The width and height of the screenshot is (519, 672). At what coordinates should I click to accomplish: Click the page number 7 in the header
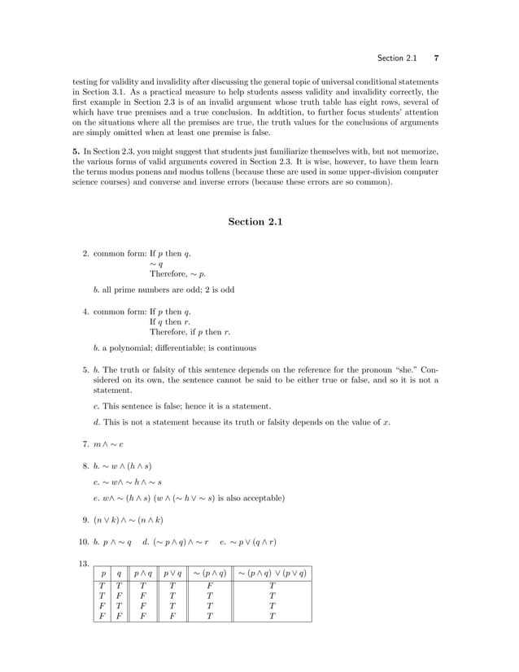pos(437,59)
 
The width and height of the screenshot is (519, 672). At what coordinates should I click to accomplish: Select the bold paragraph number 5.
pos(76,151)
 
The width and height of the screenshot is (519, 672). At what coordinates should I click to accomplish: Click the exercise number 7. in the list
pos(85,444)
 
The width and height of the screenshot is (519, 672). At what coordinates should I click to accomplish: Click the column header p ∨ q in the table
pos(172,574)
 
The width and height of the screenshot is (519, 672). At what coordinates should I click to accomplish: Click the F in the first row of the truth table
pos(210,587)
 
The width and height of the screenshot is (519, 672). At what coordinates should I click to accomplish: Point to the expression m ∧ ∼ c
pos(109,444)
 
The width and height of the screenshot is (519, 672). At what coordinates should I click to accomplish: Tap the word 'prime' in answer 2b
pos(125,289)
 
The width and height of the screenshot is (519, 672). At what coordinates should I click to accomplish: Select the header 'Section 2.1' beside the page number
pos(398,59)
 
